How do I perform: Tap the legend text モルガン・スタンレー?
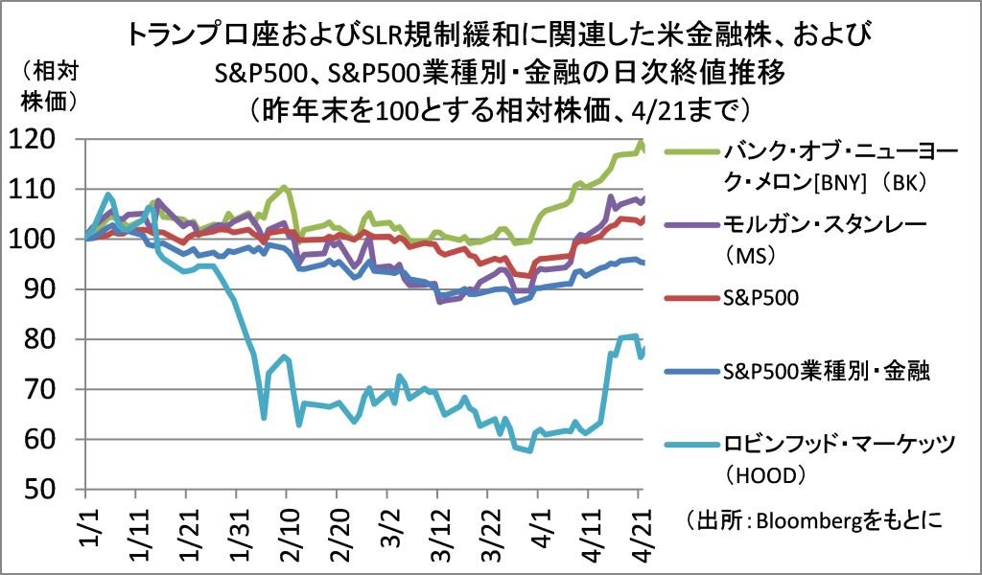tap(825, 226)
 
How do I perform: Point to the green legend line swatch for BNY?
tap(689, 151)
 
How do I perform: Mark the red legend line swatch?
tap(689, 300)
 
